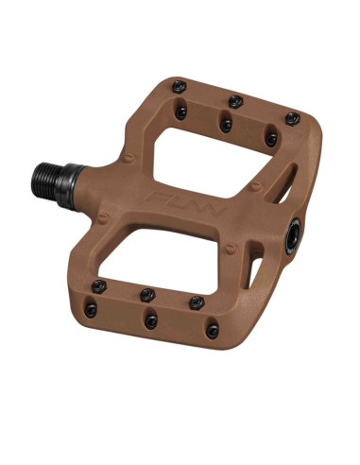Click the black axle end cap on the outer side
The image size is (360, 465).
tap(293, 236)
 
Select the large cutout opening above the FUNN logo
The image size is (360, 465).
tap(212, 162)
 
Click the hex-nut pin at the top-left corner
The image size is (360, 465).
tap(179, 87)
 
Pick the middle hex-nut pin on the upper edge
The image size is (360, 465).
tap(235, 101)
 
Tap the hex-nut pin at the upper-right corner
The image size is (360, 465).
tap(293, 119)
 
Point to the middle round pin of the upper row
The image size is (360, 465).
tap(226, 126)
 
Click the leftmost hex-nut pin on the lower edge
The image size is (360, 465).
tap(99, 286)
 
